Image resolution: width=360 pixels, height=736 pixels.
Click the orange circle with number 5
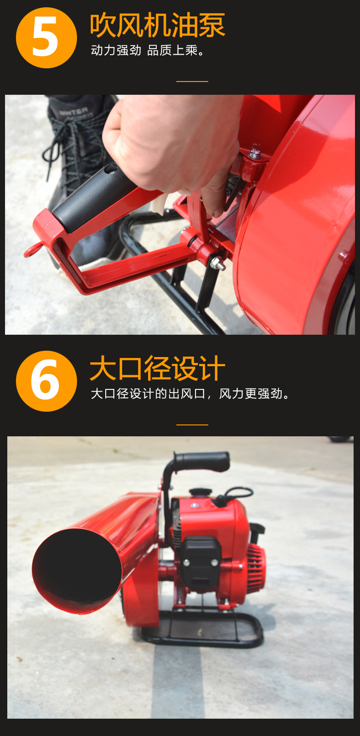pyautogui.click(x=46, y=38)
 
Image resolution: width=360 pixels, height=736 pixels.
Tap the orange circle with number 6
pyautogui.click(x=46, y=381)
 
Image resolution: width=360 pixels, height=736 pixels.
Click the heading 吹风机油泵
pyautogui.click(x=158, y=25)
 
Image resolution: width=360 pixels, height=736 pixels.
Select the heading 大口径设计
pyautogui.click(x=158, y=368)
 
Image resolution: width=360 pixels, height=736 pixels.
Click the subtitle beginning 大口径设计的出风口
pyautogui.click(x=190, y=394)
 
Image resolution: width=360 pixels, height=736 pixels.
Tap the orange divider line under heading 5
pyautogui.click(x=192, y=81)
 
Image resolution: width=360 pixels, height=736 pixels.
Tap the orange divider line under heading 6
pyautogui.click(x=192, y=424)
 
